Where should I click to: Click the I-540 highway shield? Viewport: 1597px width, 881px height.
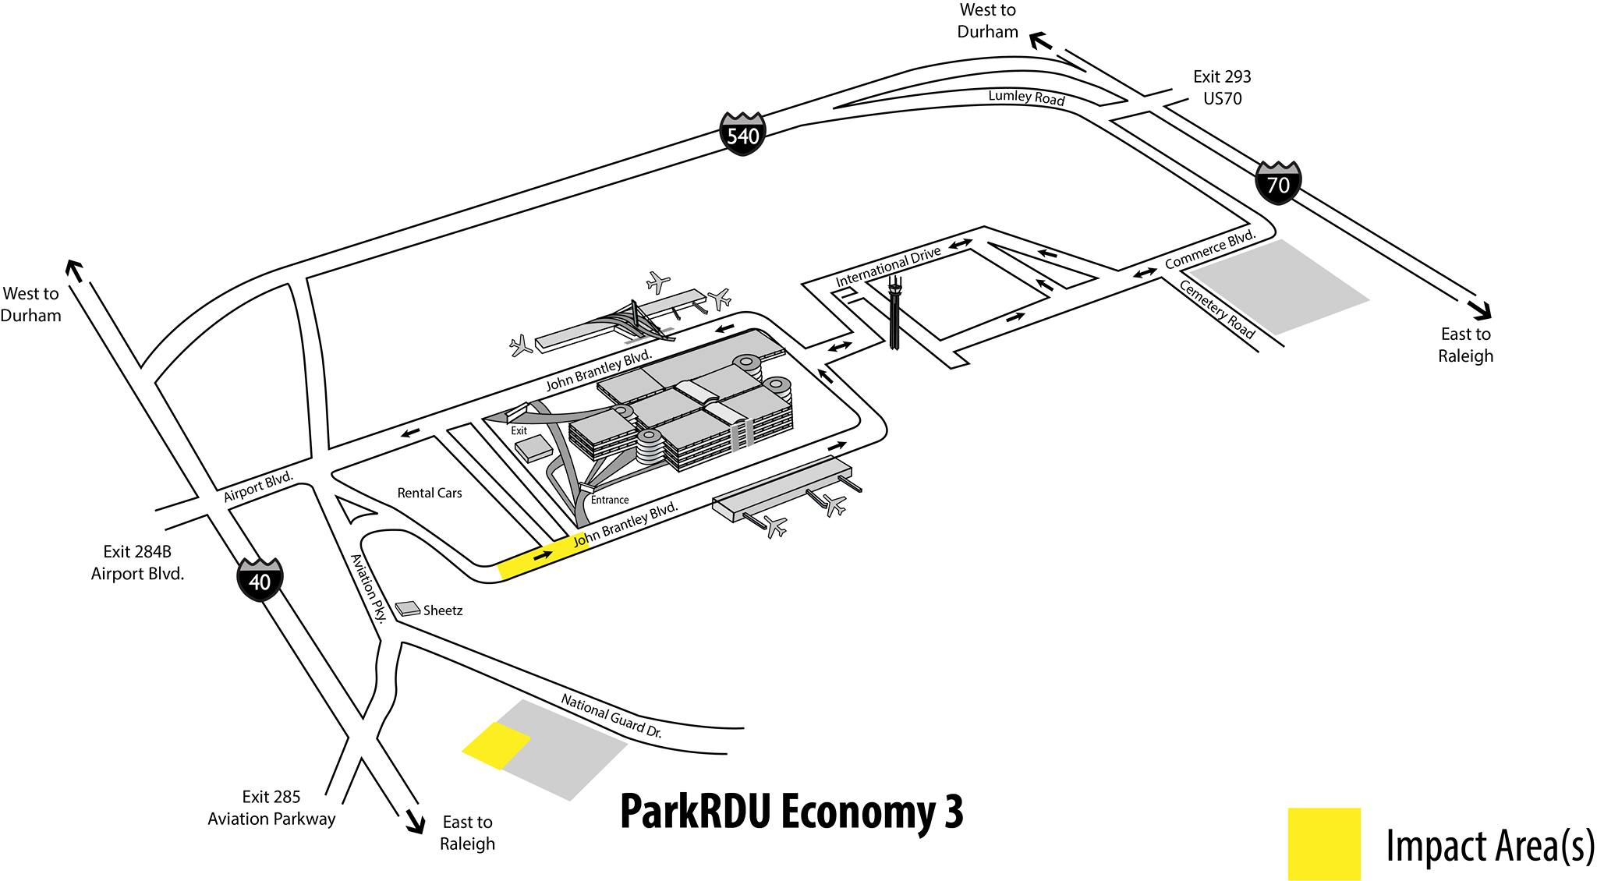coord(742,134)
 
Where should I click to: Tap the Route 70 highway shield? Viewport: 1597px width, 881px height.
coord(1277,183)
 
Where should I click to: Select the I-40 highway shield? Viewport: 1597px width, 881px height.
coord(260,579)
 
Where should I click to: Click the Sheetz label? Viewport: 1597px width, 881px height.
coord(443,610)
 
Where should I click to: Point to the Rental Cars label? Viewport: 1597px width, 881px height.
coord(430,493)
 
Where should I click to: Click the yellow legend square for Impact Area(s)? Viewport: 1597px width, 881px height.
coord(1323,844)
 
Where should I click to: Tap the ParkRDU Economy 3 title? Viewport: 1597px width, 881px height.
coord(791,812)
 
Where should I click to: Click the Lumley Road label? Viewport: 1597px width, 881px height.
coord(1026,97)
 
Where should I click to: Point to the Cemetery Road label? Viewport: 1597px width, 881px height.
coord(1217,310)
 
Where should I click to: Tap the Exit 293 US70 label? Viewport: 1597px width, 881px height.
coord(1222,87)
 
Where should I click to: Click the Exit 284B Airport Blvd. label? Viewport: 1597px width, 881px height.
coord(138,562)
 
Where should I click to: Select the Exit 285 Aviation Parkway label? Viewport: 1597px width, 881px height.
coord(271,808)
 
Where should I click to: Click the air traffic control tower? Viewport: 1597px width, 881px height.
coord(894,312)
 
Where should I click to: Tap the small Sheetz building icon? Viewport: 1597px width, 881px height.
coord(408,609)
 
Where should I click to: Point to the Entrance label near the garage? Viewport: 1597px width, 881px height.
coord(609,500)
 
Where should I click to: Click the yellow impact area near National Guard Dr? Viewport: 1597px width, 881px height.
coord(496,745)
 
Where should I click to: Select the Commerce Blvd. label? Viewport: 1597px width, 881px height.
coord(1210,249)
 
